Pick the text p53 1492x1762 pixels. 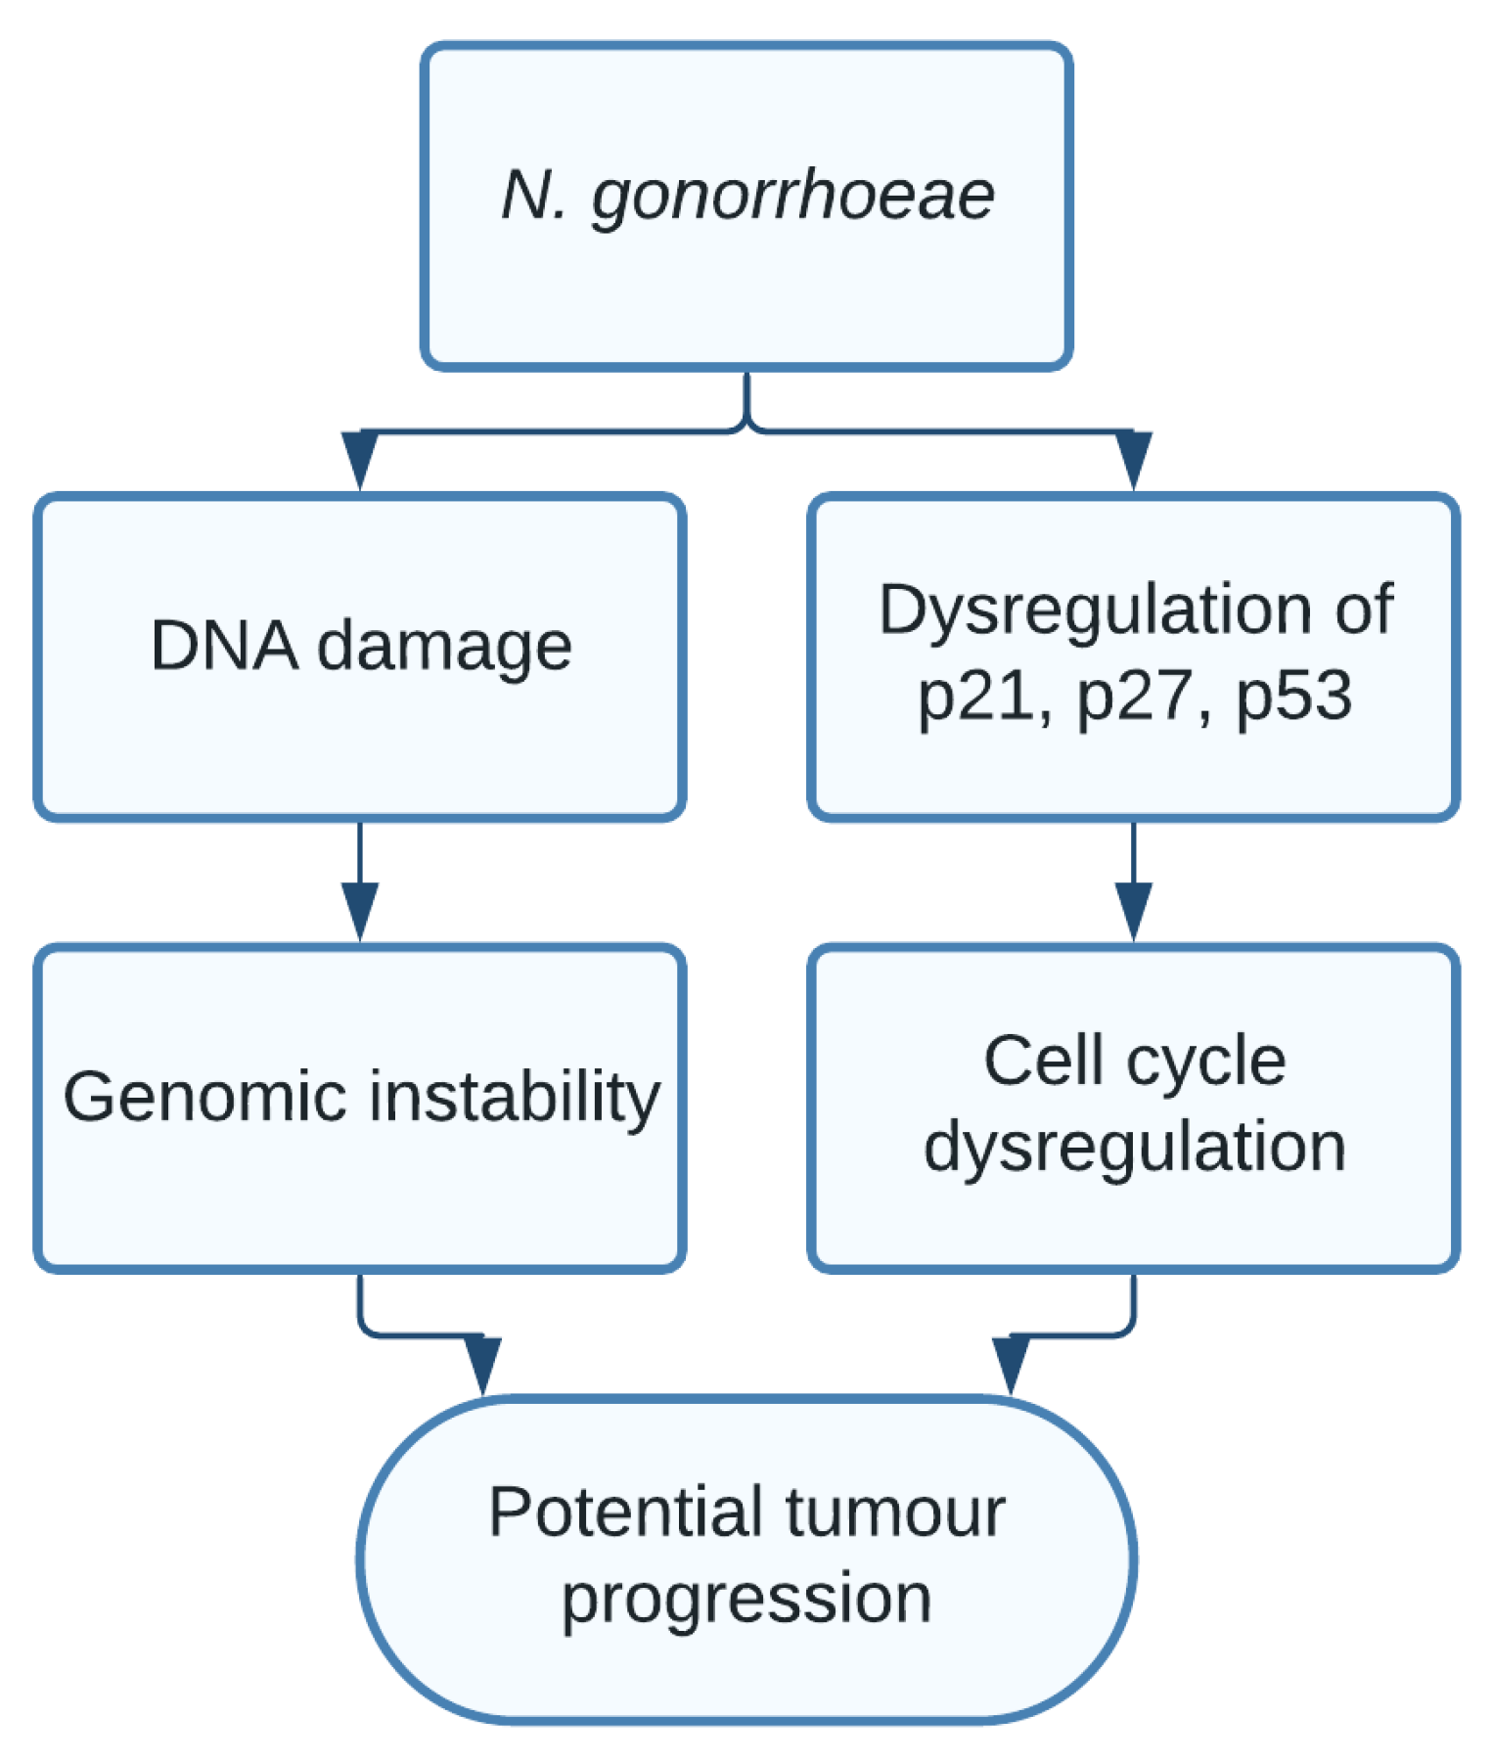point(1294,698)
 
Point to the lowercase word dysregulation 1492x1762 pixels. point(1135,1149)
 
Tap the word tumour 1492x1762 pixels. point(895,1513)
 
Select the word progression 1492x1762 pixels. point(746,1601)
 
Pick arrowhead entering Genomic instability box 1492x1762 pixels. point(360,909)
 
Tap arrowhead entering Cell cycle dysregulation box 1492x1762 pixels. point(1133,909)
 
